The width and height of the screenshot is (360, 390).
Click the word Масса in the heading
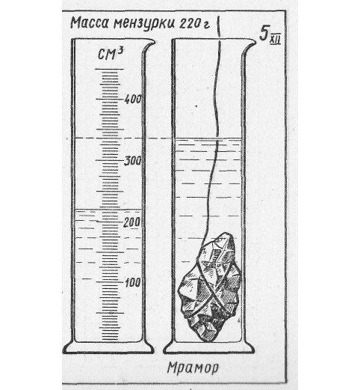[x=90, y=23]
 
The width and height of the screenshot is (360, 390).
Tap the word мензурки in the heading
[x=144, y=24]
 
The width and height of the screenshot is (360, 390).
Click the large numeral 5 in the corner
[x=264, y=33]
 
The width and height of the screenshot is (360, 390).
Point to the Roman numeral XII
[x=276, y=40]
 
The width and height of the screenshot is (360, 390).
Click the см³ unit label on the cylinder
[x=111, y=54]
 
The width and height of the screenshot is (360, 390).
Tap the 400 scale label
[x=133, y=100]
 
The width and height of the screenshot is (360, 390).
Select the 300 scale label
[x=133, y=161]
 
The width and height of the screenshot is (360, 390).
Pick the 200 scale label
[x=131, y=222]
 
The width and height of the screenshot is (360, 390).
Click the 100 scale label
[x=133, y=283]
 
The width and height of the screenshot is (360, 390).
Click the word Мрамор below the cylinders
[x=193, y=368]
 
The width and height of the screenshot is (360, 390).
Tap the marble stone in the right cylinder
[x=210, y=287]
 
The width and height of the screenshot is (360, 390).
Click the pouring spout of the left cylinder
[x=149, y=45]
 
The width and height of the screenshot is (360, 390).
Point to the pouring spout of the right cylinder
[x=249, y=45]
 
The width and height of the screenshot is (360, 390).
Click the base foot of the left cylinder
[x=108, y=348]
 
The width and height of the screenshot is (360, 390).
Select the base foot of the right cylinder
[x=209, y=348]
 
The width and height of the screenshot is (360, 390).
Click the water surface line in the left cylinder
[x=108, y=210]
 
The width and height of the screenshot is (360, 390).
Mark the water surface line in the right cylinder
[x=208, y=138]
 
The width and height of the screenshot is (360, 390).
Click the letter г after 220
[x=206, y=25]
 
